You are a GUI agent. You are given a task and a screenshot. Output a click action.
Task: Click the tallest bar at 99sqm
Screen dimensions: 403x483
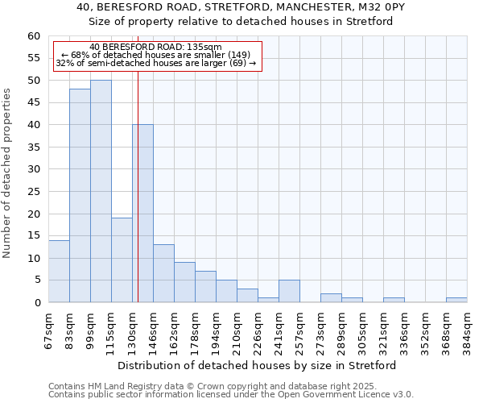101,191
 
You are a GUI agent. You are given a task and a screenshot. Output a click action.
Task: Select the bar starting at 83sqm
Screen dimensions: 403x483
80,196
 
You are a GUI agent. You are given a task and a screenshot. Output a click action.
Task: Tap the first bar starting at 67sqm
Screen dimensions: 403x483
59,271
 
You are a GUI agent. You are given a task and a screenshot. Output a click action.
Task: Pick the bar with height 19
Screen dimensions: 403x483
122,260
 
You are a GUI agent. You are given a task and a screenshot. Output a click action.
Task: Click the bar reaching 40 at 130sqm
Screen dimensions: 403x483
142,214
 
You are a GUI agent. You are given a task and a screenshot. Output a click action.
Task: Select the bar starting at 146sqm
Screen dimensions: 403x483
163,273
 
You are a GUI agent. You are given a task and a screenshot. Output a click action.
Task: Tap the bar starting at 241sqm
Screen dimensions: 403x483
289,291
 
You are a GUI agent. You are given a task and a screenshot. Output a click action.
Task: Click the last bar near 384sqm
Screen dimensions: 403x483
456,300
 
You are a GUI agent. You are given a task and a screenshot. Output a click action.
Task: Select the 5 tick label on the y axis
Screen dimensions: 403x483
36,280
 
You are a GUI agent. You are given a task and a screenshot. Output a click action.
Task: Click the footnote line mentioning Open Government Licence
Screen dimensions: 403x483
231,395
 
